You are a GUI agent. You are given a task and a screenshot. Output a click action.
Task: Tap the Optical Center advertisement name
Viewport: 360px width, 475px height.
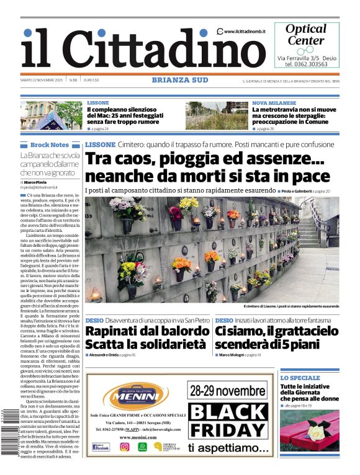click(x=305, y=35)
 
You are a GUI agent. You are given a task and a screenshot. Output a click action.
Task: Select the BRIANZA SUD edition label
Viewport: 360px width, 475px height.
click(x=179, y=80)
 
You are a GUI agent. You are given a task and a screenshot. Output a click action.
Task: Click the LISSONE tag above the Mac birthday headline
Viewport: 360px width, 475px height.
click(x=97, y=103)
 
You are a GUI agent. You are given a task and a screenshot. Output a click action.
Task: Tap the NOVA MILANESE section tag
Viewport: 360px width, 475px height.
click(x=274, y=103)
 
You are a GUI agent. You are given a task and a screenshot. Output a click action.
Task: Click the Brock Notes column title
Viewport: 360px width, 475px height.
click(x=50, y=144)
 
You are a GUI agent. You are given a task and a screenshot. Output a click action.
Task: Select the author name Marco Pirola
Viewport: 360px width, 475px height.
click(x=37, y=181)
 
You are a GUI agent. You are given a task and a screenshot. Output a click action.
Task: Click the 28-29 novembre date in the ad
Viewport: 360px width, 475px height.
click(x=229, y=391)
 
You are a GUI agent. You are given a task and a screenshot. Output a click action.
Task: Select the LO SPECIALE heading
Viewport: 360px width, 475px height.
click(x=300, y=378)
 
